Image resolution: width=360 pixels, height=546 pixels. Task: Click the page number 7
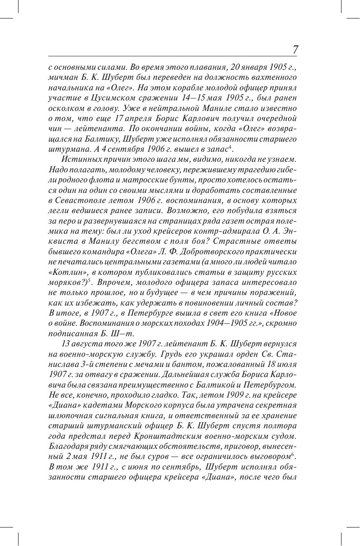tap(295, 50)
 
